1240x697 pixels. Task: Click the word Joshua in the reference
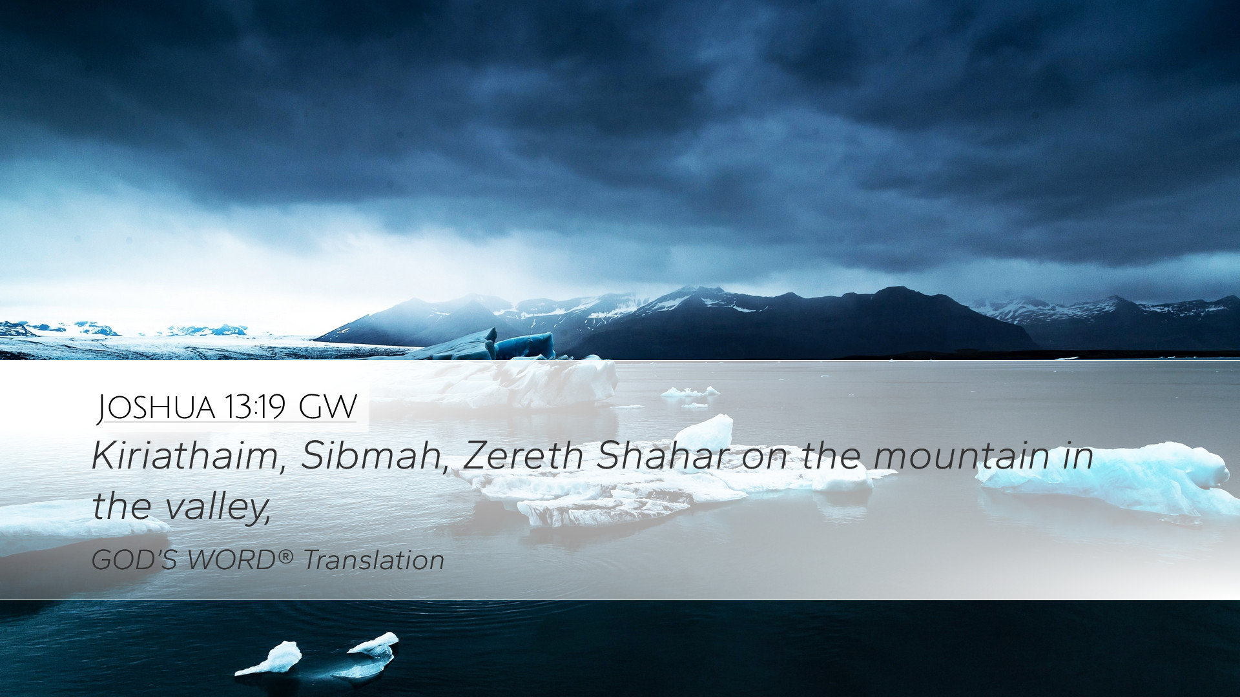156,407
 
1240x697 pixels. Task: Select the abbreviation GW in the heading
328,407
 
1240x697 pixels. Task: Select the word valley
216,507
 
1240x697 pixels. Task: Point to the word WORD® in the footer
240,560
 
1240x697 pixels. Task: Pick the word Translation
374,560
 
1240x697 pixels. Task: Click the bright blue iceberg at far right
1104,478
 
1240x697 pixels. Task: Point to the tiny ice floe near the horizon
690,391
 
